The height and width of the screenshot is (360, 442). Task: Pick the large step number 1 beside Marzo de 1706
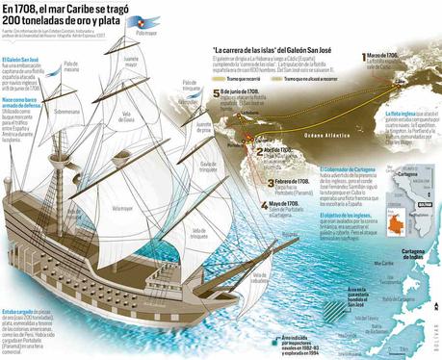point(358,58)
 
